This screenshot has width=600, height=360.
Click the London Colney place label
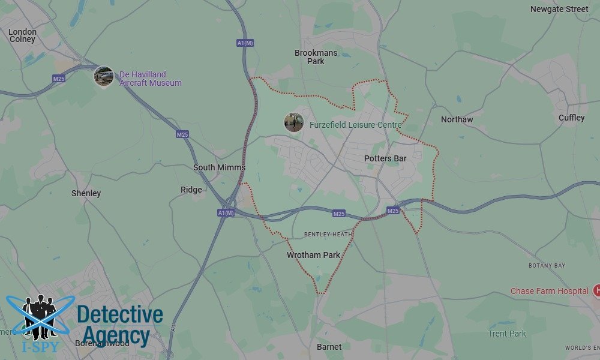(x=23, y=35)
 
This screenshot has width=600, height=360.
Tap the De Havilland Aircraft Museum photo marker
(x=103, y=76)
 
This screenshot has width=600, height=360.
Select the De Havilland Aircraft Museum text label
(x=150, y=79)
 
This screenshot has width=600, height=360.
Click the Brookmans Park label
(x=316, y=57)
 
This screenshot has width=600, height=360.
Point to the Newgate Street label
(x=559, y=9)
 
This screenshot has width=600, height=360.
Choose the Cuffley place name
(x=571, y=118)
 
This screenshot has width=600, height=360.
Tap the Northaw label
(x=457, y=119)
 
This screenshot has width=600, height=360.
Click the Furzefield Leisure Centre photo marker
(x=293, y=122)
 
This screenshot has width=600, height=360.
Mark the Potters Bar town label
(x=385, y=158)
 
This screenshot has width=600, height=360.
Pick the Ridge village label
(x=191, y=190)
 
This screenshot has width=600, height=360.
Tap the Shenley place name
(x=86, y=193)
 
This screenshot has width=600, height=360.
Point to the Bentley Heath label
(x=328, y=234)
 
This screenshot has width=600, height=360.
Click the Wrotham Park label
(x=313, y=255)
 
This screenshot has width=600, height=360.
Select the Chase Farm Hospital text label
(x=549, y=291)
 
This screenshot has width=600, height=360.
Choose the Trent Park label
(x=506, y=334)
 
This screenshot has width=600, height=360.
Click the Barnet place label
(x=329, y=347)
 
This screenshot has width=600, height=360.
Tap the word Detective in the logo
(x=120, y=314)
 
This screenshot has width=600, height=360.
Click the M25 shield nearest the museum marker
(x=59, y=78)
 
